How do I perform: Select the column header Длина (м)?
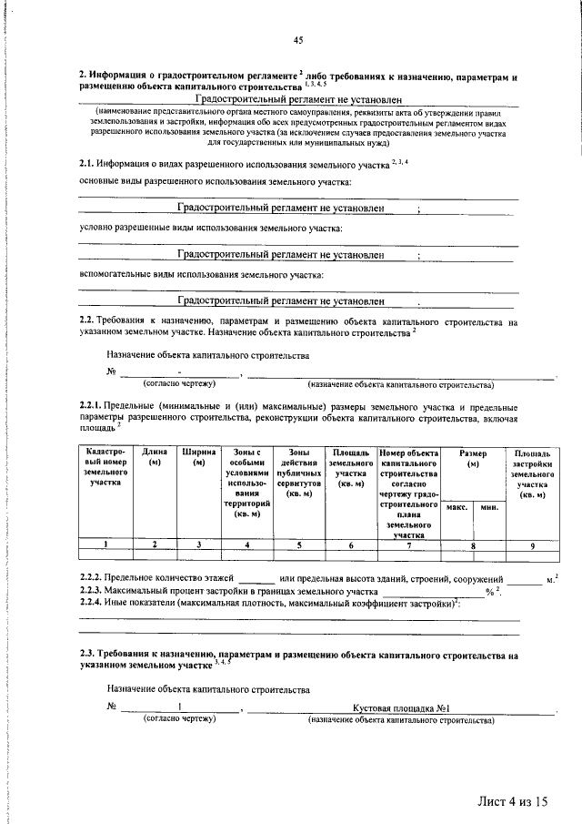pyautogui.click(x=154, y=458)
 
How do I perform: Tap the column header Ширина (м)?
pyautogui.click(x=198, y=458)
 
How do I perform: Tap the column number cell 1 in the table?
pyautogui.click(x=105, y=544)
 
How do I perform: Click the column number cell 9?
pyautogui.click(x=532, y=544)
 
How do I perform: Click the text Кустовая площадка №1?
pyautogui.click(x=402, y=708)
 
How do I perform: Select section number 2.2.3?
pyautogui.click(x=90, y=591)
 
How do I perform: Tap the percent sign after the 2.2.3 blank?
pyautogui.click(x=489, y=592)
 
